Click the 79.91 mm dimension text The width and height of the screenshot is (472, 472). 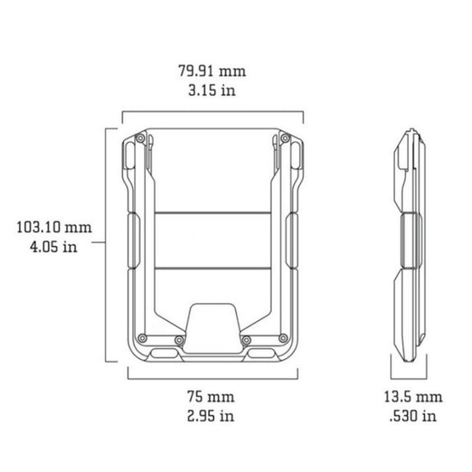click(x=212, y=71)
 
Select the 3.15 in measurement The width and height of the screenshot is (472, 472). click(x=212, y=90)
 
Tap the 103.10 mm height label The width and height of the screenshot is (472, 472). click(x=54, y=227)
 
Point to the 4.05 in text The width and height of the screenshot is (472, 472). click(x=53, y=247)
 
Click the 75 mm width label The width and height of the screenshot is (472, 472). click(x=211, y=396)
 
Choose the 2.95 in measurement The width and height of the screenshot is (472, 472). click(x=211, y=416)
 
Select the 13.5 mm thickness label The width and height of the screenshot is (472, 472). click(x=413, y=397)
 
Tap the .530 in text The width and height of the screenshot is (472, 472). click(x=413, y=416)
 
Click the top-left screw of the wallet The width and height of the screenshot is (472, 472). click(x=140, y=138)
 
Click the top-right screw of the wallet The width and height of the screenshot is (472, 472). click(x=285, y=138)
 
